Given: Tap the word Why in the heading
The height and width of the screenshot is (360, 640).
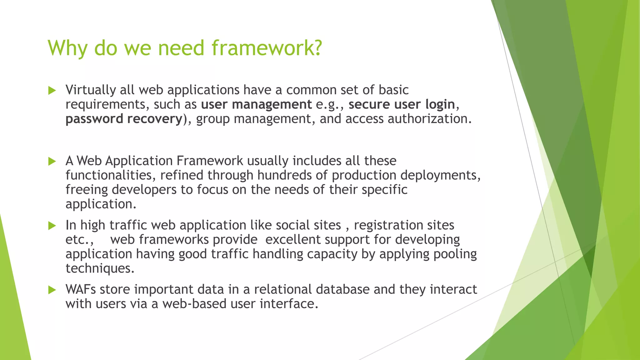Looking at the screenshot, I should [67, 48].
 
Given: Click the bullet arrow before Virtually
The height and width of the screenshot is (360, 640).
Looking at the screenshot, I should [52, 91].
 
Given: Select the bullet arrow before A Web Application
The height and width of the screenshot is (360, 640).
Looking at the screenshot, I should [52, 162].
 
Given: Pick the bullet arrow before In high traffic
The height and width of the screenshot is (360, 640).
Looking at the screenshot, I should [52, 226].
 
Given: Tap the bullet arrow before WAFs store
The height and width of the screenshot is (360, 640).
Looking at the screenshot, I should [52, 290].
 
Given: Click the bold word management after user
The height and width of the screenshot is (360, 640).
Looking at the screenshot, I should [272, 104].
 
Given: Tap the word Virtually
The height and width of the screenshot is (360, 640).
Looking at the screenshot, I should [91, 90].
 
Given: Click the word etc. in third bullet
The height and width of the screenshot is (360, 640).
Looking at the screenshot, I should [78, 240].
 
